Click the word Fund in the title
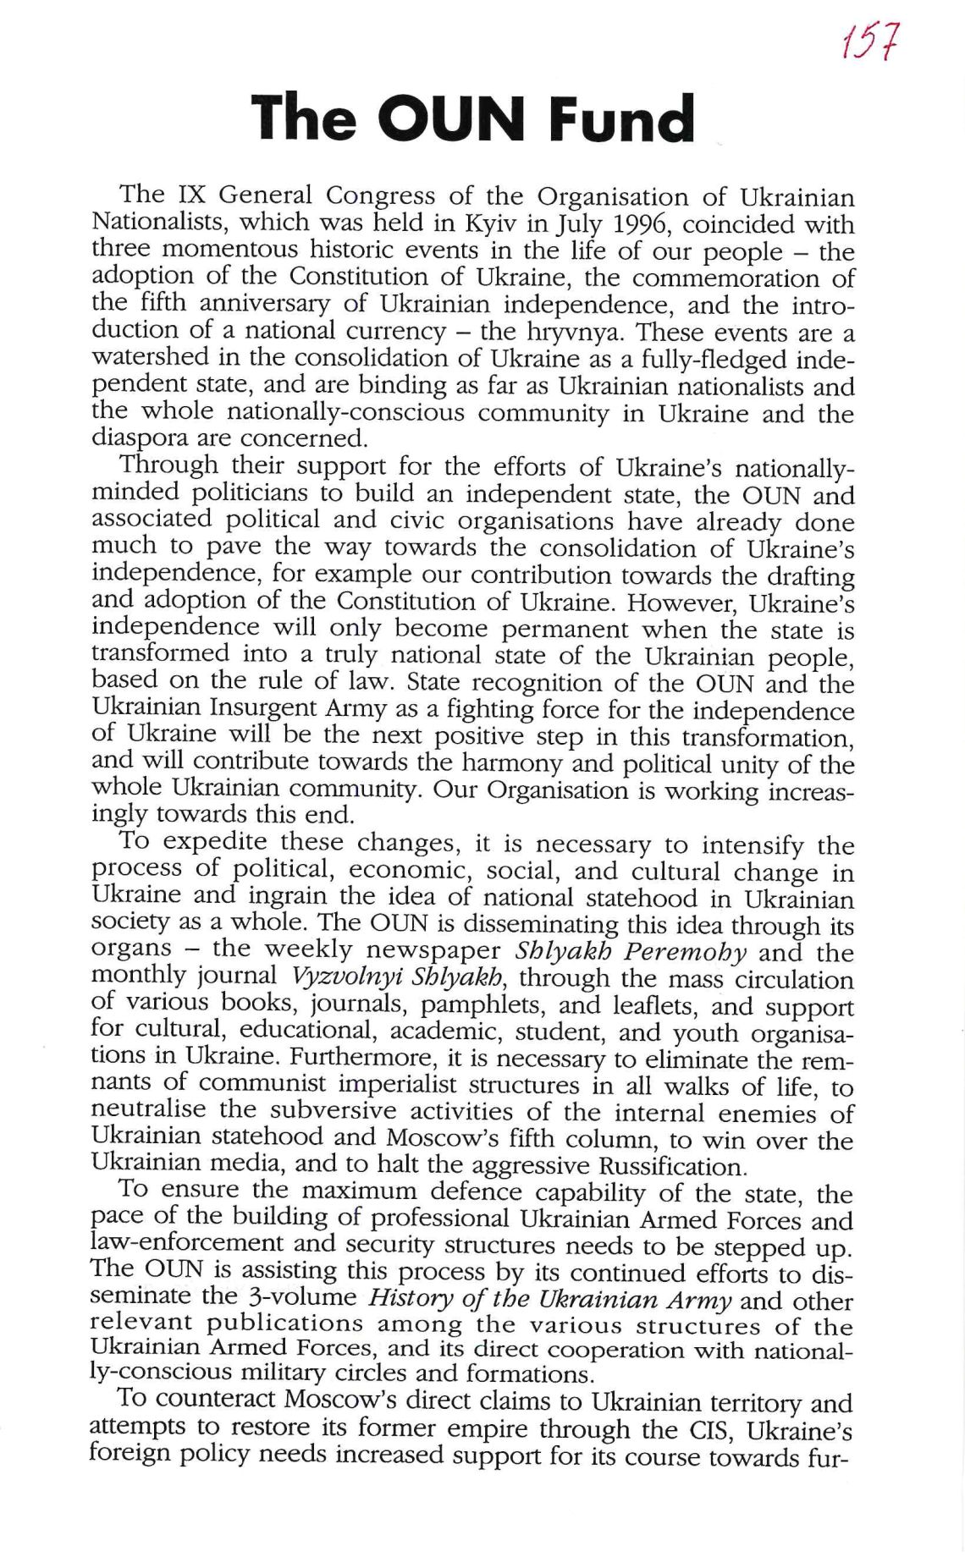point(621,119)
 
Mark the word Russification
point(672,1167)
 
